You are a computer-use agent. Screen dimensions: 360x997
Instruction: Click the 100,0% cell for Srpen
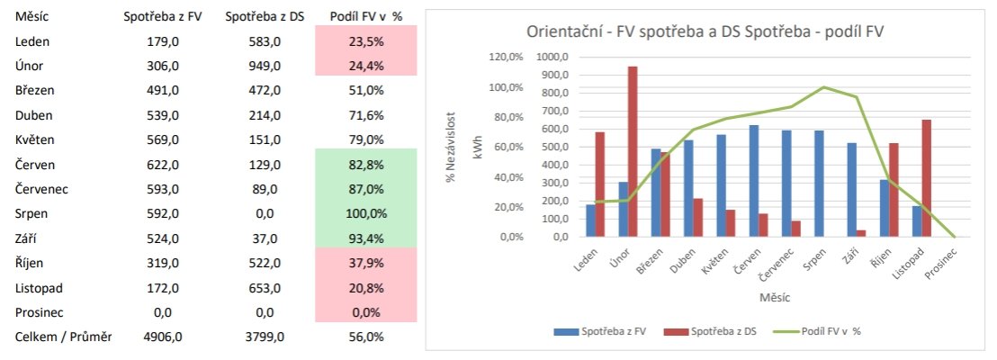(366, 214)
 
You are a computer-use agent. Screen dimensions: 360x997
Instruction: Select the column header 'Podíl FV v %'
(366, 17)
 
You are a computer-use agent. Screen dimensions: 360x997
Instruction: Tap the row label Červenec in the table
(44, 189)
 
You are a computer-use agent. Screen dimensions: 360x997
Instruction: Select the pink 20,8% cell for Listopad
(366, 288)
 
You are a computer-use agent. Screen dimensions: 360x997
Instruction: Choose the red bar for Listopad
(926, 178)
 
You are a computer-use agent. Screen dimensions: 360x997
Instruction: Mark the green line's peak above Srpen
(823, 87)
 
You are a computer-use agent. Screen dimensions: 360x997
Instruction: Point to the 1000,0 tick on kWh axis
(552, 57)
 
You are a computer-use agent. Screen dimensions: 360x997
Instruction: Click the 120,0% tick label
(505, 57)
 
